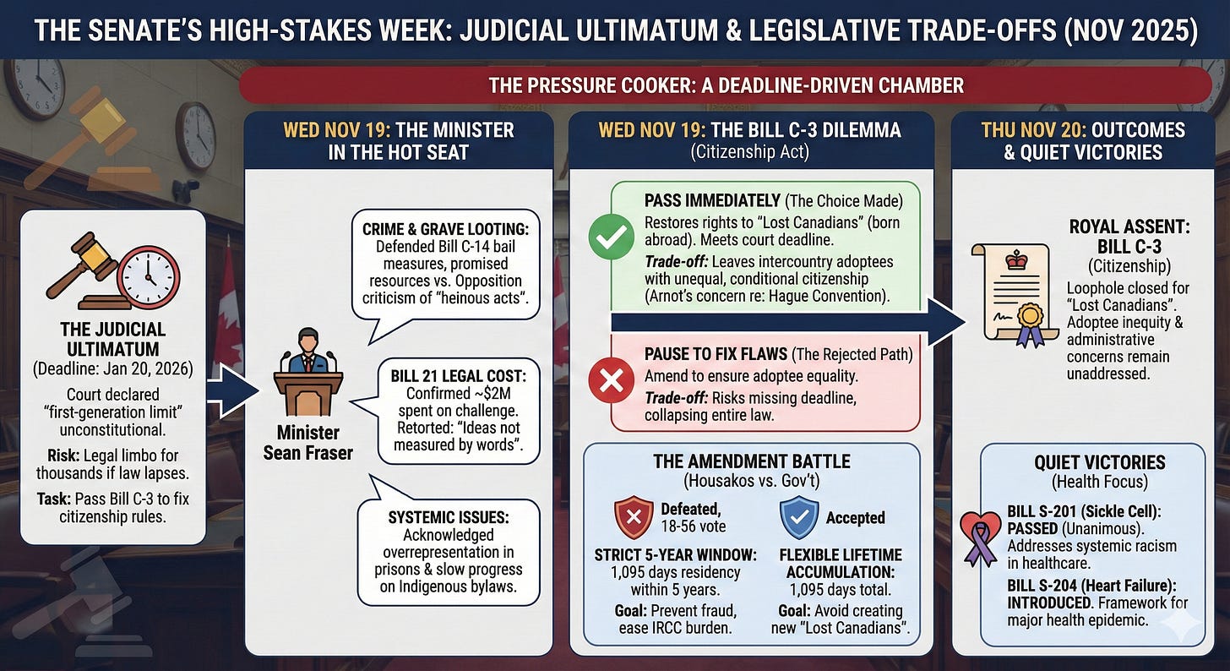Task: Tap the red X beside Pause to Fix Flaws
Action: coord(611,385)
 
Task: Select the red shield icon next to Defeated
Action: coord(632,517)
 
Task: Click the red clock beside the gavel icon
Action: coord(149,277)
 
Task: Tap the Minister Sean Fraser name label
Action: coord(308,442)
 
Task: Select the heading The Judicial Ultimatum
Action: coord(112,338)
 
